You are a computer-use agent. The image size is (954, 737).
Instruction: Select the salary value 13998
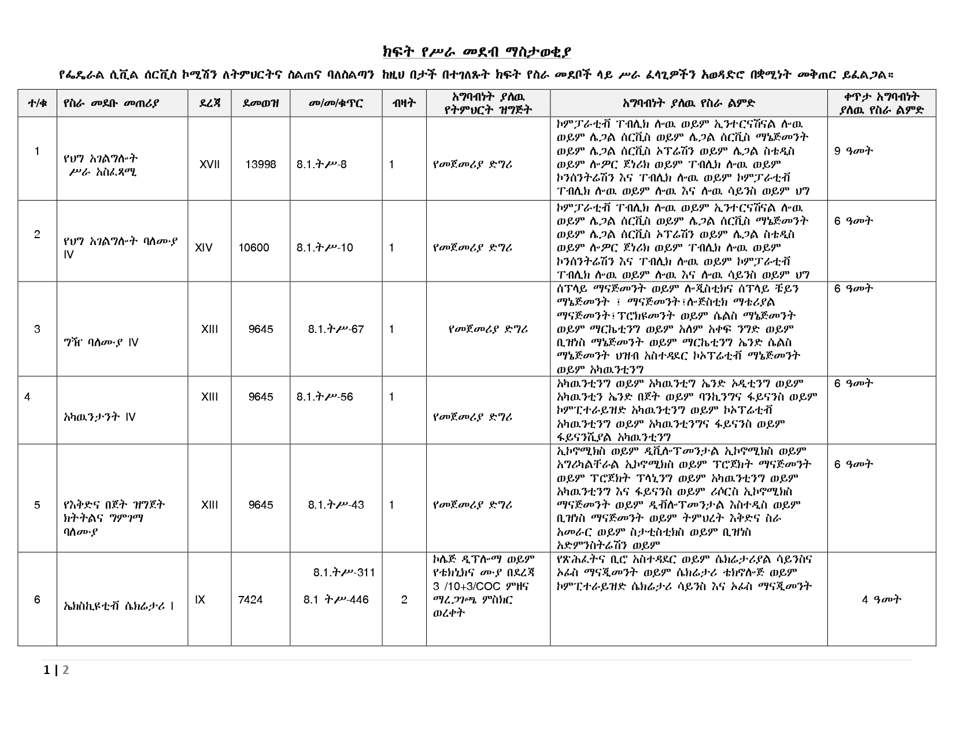[261, 165]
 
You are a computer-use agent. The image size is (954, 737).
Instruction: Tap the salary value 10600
[254, 248]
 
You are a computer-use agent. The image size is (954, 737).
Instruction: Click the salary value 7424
[250, 600]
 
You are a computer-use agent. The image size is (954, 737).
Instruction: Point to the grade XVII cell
[209, 165]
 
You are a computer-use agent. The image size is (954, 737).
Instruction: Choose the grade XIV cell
[204, 248]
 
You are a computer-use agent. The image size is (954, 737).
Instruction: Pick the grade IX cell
[200, 600]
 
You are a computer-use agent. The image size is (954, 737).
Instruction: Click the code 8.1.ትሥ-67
[336, 329]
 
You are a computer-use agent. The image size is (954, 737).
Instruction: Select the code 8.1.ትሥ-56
[325, 397]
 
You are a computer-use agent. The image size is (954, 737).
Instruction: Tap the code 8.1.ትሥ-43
[336, 505]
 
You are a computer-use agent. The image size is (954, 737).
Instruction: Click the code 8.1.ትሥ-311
[344, 573]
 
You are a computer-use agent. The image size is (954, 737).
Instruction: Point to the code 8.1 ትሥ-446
[336, 600]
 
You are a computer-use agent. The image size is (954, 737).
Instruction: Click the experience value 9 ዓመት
[853, 151]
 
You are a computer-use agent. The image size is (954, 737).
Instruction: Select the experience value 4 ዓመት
[882, 600]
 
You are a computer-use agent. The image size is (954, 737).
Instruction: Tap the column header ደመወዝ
[261, 103]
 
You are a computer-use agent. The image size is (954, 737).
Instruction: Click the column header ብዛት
[404, 103]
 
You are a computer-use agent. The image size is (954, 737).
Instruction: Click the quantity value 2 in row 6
[404, 600]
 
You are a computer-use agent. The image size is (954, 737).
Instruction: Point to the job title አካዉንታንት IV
[99, 417]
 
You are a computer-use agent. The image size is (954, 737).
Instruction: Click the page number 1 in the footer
[47, 671]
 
